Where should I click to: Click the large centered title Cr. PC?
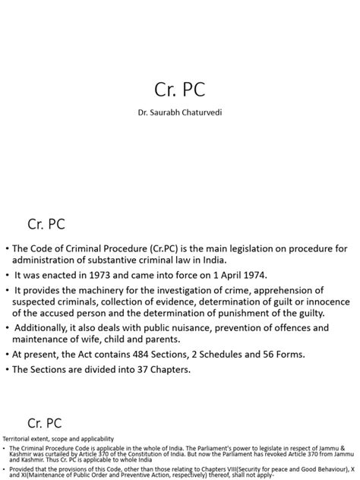[179, 90]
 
